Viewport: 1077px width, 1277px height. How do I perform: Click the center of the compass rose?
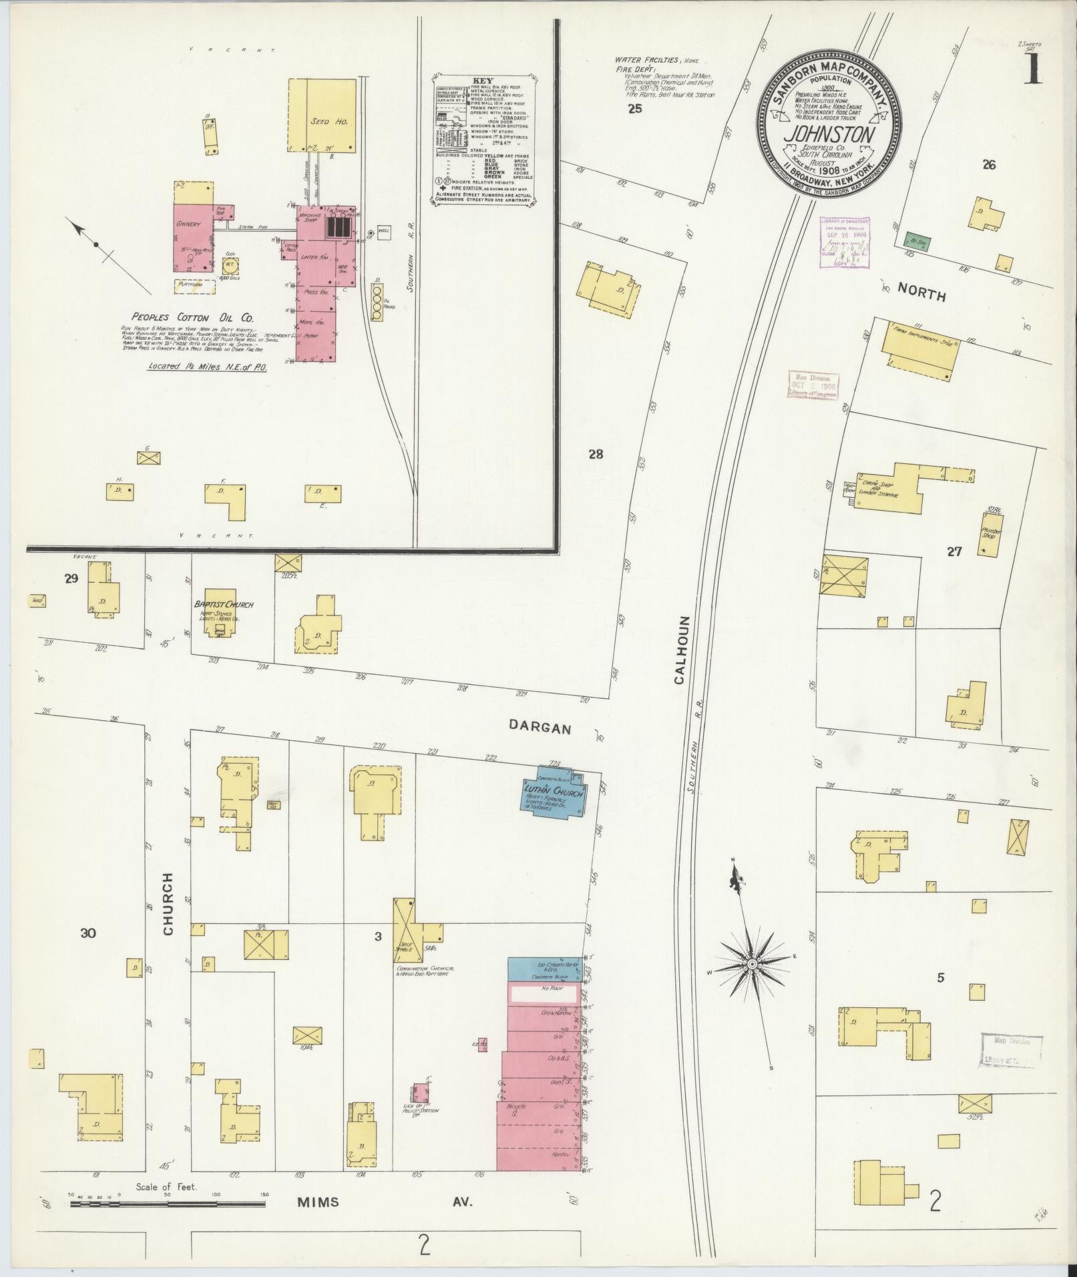pos(751,964)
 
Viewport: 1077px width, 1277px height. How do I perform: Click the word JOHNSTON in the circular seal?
pos(830,135)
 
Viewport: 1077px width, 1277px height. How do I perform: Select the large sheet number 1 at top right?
pos(1034,69)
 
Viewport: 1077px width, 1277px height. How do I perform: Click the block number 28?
pos(596,455)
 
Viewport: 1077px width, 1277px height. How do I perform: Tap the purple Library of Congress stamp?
pos(845,242)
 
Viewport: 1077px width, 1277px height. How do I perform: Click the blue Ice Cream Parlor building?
pos(546,969)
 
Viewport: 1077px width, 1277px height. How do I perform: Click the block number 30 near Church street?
pos(88,933)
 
